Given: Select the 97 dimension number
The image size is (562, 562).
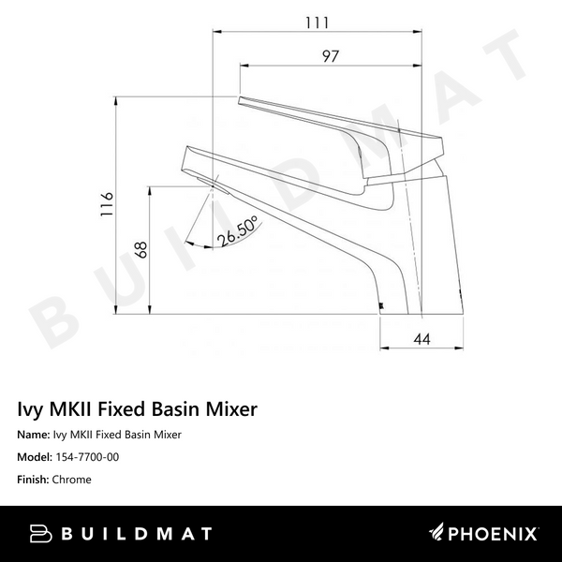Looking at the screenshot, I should pyautogui.click(x=329, y=55).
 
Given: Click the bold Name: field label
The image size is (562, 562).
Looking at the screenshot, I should pyautogui.click(x=34, y=435).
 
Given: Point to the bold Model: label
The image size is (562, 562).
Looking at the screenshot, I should pyautogui.click(x=36, y=457).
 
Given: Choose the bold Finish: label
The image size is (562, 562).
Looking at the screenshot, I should pyautogui.click(x=35, y=480).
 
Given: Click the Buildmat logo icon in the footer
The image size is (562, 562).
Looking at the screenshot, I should pyautogui.click(x=39, y=534).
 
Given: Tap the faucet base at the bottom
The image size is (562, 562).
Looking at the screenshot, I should pyautogui.click(x=421, y=308).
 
